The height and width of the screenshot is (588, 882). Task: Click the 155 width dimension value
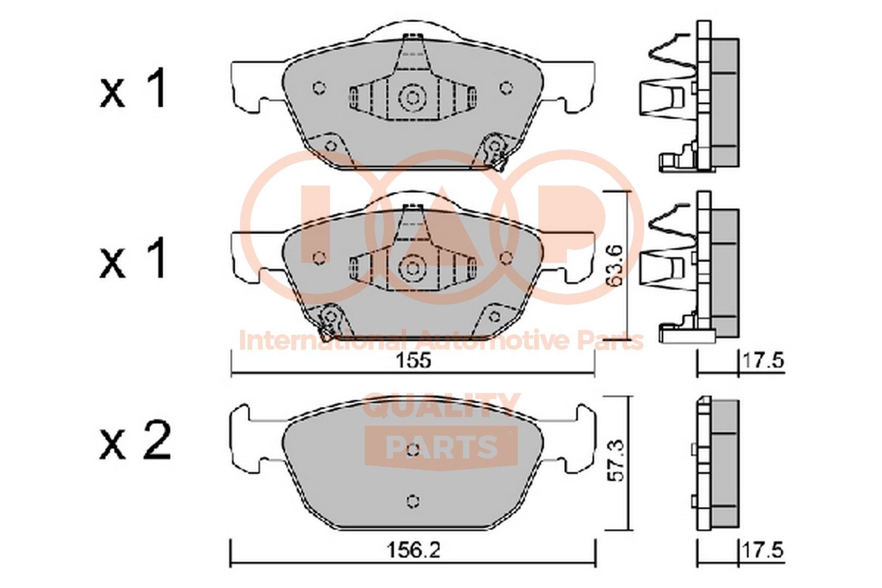coord(414,360)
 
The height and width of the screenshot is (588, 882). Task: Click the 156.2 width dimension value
coord(413,550)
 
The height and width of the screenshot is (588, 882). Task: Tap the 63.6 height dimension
coord(614,265)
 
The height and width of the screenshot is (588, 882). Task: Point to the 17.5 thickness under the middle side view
coord(763,360)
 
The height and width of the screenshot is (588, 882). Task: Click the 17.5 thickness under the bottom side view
coord(763,550)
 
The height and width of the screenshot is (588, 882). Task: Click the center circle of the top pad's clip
coord(412,97)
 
